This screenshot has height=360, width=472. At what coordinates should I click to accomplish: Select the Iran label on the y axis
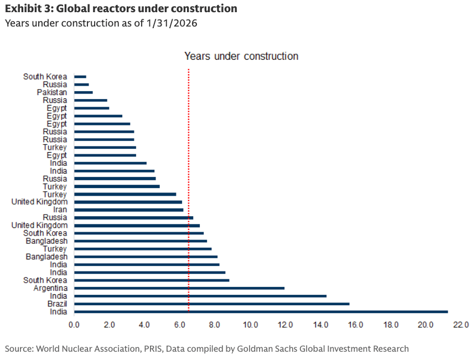click(x=60, y=210)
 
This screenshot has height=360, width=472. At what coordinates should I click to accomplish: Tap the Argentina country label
click(x=50, y=288)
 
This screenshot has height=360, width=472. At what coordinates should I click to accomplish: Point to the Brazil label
click(x=58, y=304)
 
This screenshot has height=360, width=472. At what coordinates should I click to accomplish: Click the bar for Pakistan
click(x=83, y=92)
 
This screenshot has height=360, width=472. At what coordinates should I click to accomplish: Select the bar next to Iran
click(x=128, y=210)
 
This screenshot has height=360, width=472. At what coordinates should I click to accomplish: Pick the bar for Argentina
click(x=179, y=288)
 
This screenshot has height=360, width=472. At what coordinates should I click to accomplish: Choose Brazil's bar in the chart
click(x=211, y=304)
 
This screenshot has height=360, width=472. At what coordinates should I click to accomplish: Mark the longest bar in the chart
click(x=261, y=312)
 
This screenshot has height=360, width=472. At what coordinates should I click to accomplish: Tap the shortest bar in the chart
click(x=80, y=76)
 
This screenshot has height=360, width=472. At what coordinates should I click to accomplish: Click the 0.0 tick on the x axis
click(x=74, y=324)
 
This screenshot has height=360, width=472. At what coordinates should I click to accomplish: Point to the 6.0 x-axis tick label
click(x=179, y=324)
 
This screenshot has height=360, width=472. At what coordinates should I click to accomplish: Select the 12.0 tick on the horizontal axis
click(x=286, y=324)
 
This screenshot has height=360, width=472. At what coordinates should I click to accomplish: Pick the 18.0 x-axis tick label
click(x=391, y=324)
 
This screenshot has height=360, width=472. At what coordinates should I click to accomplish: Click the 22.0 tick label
click(x=461, y=324)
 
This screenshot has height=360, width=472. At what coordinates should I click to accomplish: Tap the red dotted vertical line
click(x=189, y=166)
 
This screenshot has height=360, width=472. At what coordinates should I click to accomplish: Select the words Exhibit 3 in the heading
click(x=28, y=9)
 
